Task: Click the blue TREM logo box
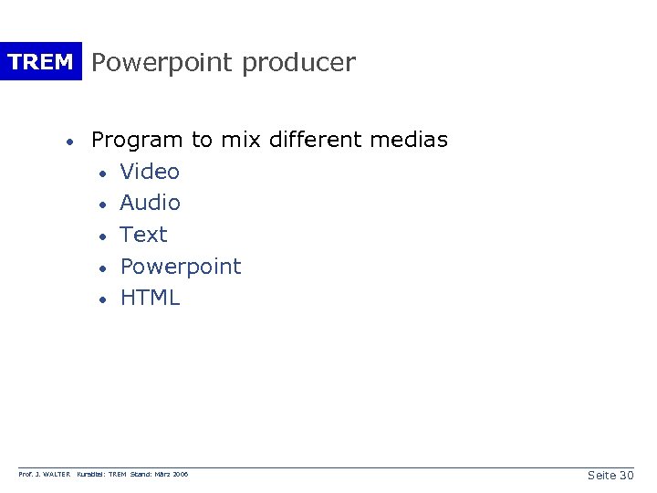pyautogui.click(x=41, y=62)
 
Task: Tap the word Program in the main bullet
pyautogui.click(x=137, y=141)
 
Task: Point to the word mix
pyautogui.click(x=238, y=140)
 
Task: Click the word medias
pyautogui.click(x=409, y=140)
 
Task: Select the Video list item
pyautogui.click(x=150, y=172)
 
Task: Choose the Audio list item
pyautogui.click(x=150, y=203)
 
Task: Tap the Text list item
pyautogui.click(x=144, y=235)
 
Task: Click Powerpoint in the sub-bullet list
pyautogui.click(x=181, y=267)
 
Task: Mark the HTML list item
pyautogui.click(x=150, y=298)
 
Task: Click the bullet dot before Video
pyautogui.click(x=106, y=173)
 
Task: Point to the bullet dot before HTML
pyautogui.click(x=106, y=299)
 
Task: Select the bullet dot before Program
pyautogui.click(x=68, y=142)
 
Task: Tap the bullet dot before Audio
pyautogui.click(x=106, y=205)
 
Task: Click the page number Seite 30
pyautogui.click(x=610, y=476)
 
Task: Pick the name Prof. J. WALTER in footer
pyautogui.click(x=45, y=476)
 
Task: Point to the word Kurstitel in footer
pyautogui.click(x=92, y=476)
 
